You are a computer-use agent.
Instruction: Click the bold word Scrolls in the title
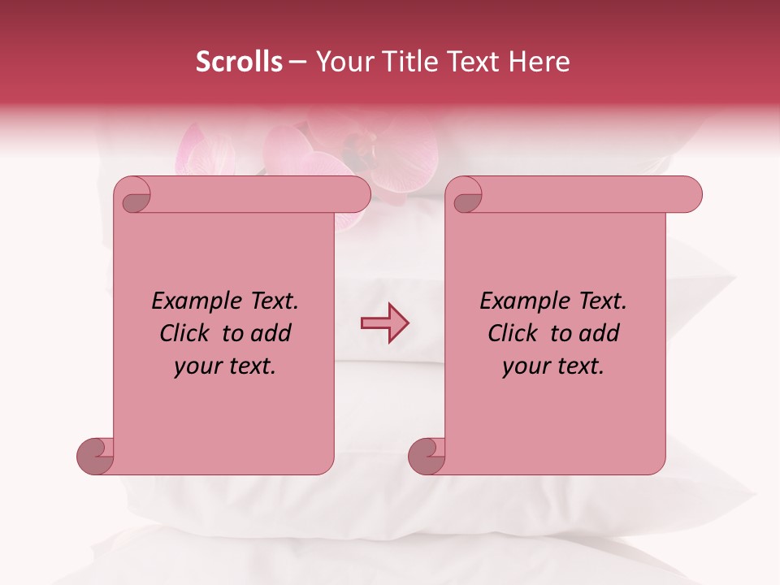[x=240, y=62]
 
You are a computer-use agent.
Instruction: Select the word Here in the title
[x=540, y=62]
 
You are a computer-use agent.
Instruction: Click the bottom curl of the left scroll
[x=94, y=456]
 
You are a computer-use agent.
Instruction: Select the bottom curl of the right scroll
[x=426, y=456]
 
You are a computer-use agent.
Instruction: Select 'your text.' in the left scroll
[x=224, y=366]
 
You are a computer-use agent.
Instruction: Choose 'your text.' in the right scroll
[x=552, y=366]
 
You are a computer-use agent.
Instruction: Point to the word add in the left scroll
[x=271, y=333]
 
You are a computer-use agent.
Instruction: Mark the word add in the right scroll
[x=599, y=333]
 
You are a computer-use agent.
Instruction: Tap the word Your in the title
[x=342, y=62]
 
